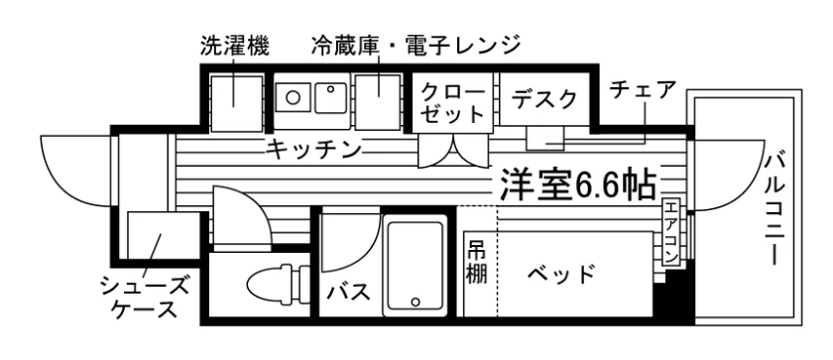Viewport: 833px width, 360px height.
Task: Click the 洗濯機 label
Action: [x=234, y=47]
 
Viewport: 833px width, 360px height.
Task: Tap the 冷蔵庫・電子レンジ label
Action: [x=416, y=47]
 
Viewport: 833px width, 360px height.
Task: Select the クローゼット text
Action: [x=454, y=103]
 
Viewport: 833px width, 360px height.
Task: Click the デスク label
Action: [x=544, y=99]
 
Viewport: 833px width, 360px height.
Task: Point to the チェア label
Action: [x=644, y=90]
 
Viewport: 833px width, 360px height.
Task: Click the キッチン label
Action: [x=314, y=150]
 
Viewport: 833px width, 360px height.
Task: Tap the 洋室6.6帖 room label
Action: [x=577, y=184]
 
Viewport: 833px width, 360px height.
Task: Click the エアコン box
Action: [x=671, y=232]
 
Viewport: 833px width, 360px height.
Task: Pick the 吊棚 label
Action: [x=477, y=262]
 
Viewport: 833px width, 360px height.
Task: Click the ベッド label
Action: [x=560, y=275]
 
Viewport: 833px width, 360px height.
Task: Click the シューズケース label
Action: [x=145, y=298]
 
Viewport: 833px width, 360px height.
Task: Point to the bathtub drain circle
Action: [x=415, y=301]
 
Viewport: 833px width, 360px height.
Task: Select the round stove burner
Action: [x=293, y=97]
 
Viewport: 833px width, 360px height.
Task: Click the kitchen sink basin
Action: [x=330, y=98]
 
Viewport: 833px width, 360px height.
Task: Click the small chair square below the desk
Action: [x=543, y=139]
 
